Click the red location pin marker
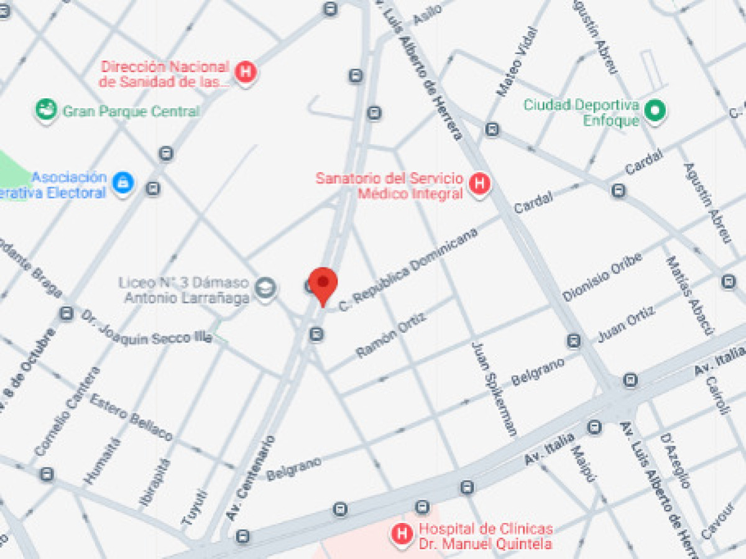point(323,284)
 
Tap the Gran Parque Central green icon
point(46,111)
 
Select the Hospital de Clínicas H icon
point(402,534)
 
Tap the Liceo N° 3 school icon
point(265,289)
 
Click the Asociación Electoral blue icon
point(123,183)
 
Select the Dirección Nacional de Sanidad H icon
point(246,72)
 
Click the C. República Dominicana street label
point(409,270)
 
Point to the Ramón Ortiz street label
point(391,335)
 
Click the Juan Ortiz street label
point(626,326)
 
